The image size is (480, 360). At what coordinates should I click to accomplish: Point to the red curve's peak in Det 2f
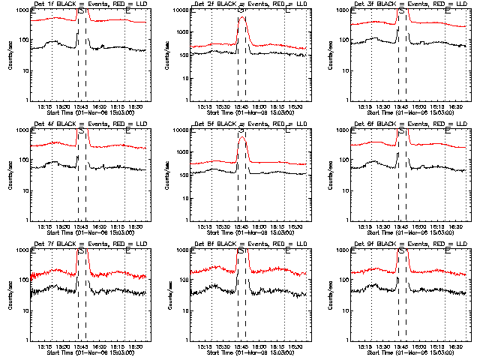click(241, 16)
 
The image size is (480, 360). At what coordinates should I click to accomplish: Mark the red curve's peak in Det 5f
click(241, 136)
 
